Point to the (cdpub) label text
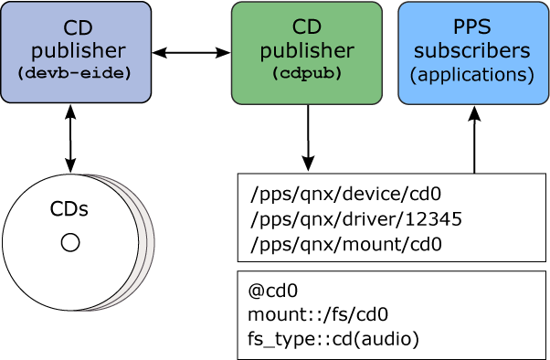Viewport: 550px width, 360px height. coord(306,74)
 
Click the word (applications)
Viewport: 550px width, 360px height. coord(473,74)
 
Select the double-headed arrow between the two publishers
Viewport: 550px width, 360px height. coord(191,53)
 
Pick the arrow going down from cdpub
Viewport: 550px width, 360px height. coord(308,137)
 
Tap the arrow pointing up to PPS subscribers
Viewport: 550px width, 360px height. coord(474,139)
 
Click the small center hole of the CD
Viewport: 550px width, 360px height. coord(70,242)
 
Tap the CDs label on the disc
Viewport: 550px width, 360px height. coord(69,209)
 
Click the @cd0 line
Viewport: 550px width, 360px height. coord(273,291)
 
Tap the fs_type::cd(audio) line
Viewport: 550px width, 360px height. coord(333,340)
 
